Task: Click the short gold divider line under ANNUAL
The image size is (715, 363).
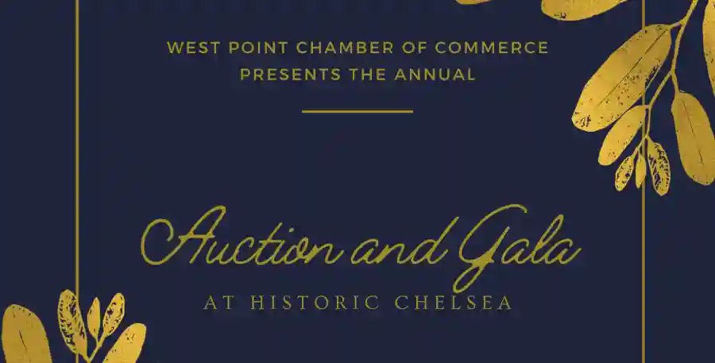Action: [357, 111]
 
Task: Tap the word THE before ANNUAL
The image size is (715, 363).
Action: [366, 75]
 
